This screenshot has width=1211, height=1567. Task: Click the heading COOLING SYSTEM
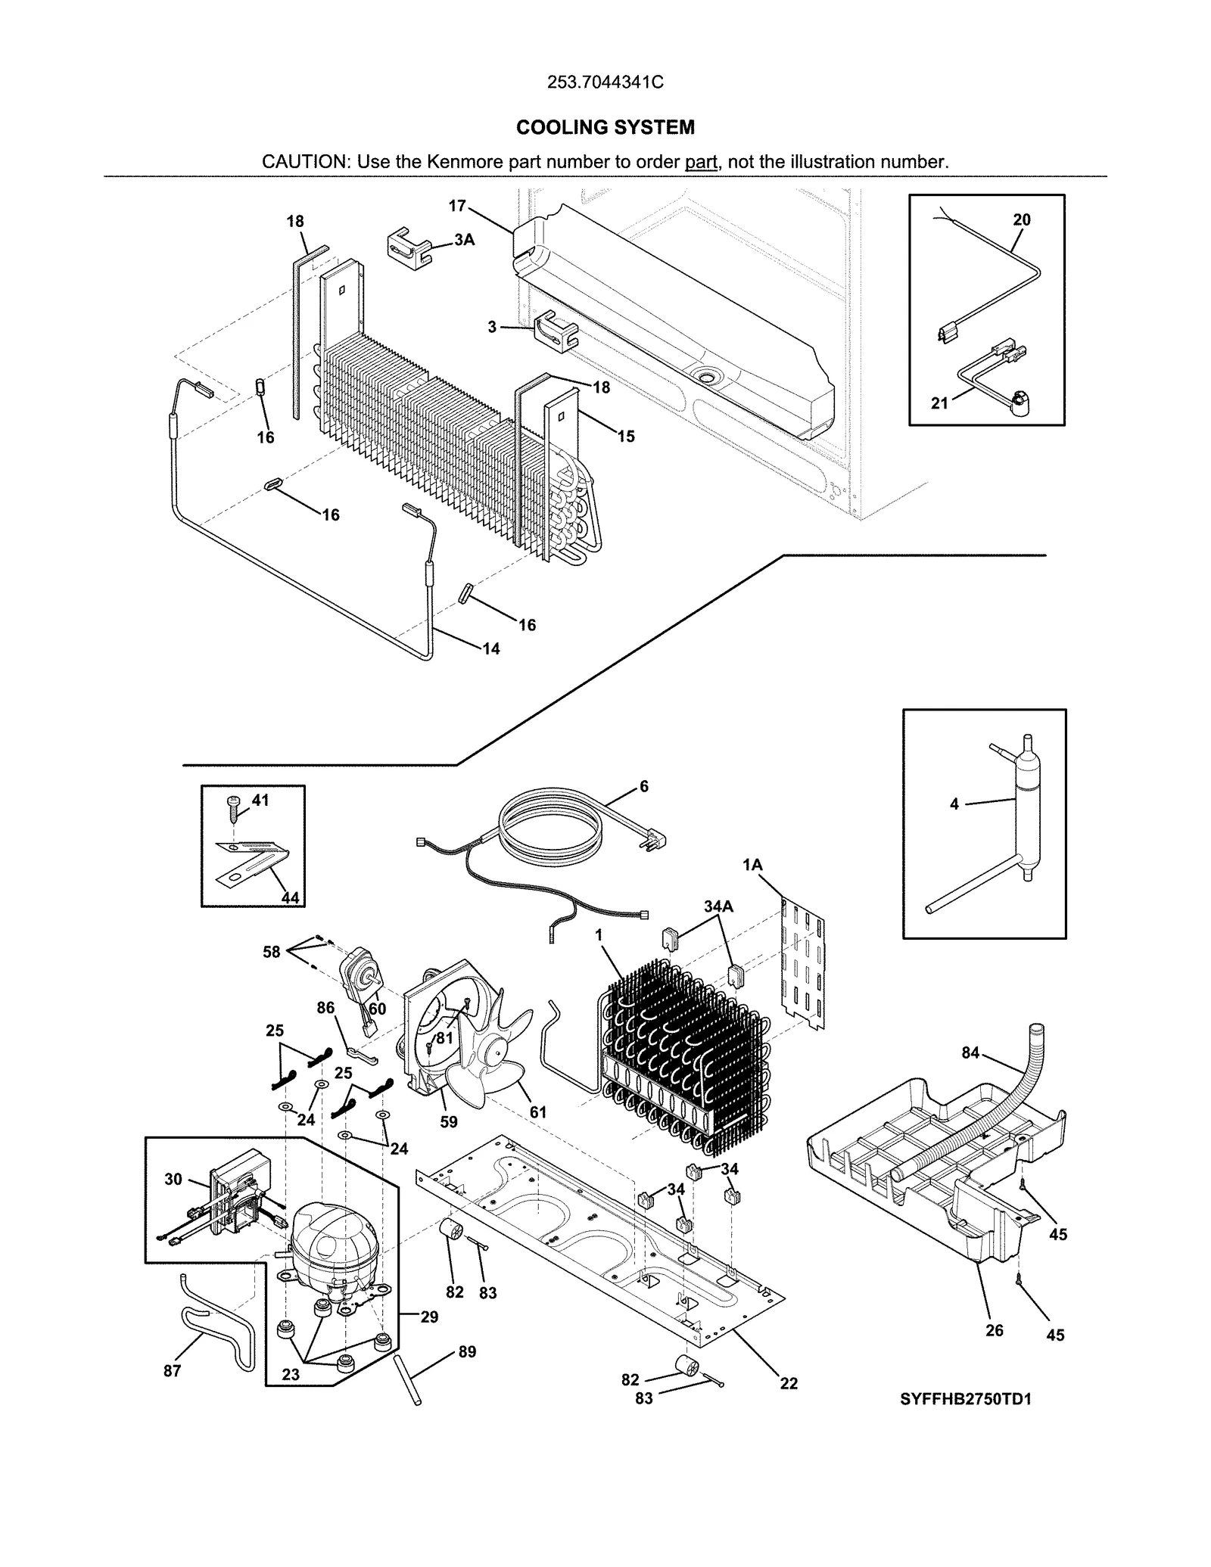click(605, 127)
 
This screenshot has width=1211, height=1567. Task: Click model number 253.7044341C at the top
click(605, 82)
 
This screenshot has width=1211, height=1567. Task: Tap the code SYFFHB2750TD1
click(965, 1399)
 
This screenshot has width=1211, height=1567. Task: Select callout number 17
click(456, 205)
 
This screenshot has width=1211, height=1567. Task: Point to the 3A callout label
click(464, 240)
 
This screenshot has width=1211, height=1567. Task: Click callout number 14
click(490, 648)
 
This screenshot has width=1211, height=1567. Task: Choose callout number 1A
click(752, 865)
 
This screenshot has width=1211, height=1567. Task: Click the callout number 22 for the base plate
click(789, 1383)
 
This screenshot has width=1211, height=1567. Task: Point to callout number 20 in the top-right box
click(1021, 220)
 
